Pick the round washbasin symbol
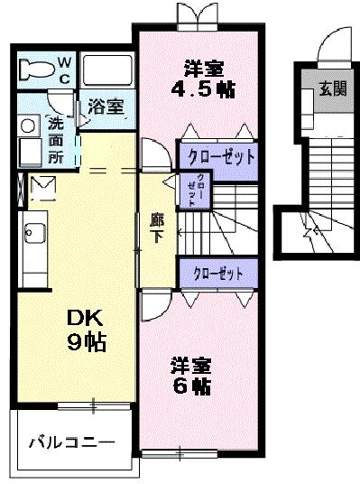(28, 126)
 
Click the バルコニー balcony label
(70, 442)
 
